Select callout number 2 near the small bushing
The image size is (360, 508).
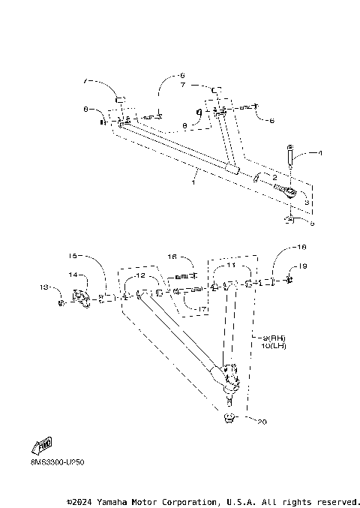tap(275, 176)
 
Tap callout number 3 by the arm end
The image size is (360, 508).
tap(306, 203)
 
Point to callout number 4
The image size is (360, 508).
tap(319, 153)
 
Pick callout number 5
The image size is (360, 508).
tap(313, 223)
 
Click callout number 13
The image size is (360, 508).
tap(43, 287)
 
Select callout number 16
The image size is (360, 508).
tap(172, 256)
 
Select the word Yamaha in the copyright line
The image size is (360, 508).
tap(116, 501)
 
